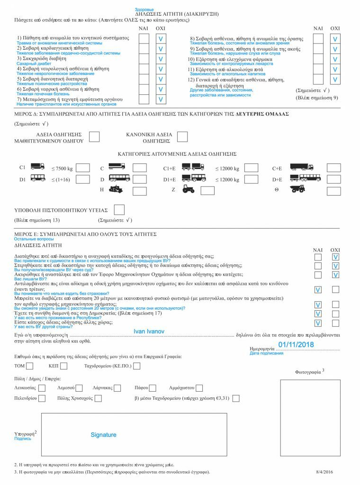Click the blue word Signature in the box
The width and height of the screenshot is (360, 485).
pyautogui.click(x=103, y=435)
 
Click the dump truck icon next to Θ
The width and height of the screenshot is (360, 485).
pyautogui.click(x=298, y=189)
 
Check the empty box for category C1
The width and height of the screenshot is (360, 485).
pyautogui.click(x=83, y=167)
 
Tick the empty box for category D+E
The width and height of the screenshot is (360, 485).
pyautogui.click(x=333, y=179)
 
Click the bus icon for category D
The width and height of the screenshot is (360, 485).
pyautogui.click(x=119, y=179)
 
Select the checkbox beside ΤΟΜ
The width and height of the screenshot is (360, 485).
pyautogui.click(x=30, y=366)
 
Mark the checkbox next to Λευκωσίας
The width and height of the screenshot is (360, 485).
pyautogui.click(x=42, y=388)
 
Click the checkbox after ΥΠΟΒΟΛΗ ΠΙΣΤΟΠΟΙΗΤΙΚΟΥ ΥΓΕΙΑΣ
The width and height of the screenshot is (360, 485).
pyautogui.click(x=119, y=209)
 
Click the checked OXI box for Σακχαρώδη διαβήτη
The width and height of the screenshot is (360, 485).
pyautogui.click(x=161, y=59)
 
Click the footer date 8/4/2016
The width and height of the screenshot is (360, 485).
pyautogui.click(x=325, y=472)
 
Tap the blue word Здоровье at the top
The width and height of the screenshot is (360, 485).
pyautogui.click(x=144, y=9)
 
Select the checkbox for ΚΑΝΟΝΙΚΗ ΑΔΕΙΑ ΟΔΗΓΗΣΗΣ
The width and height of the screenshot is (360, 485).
pyautogui.click(x=182, y=137)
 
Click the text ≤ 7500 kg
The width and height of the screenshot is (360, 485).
pyautogui.click(x=62, y=168)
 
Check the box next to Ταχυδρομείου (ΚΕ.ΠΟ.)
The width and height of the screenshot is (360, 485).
pyautogui.click(x=137, y=366)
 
